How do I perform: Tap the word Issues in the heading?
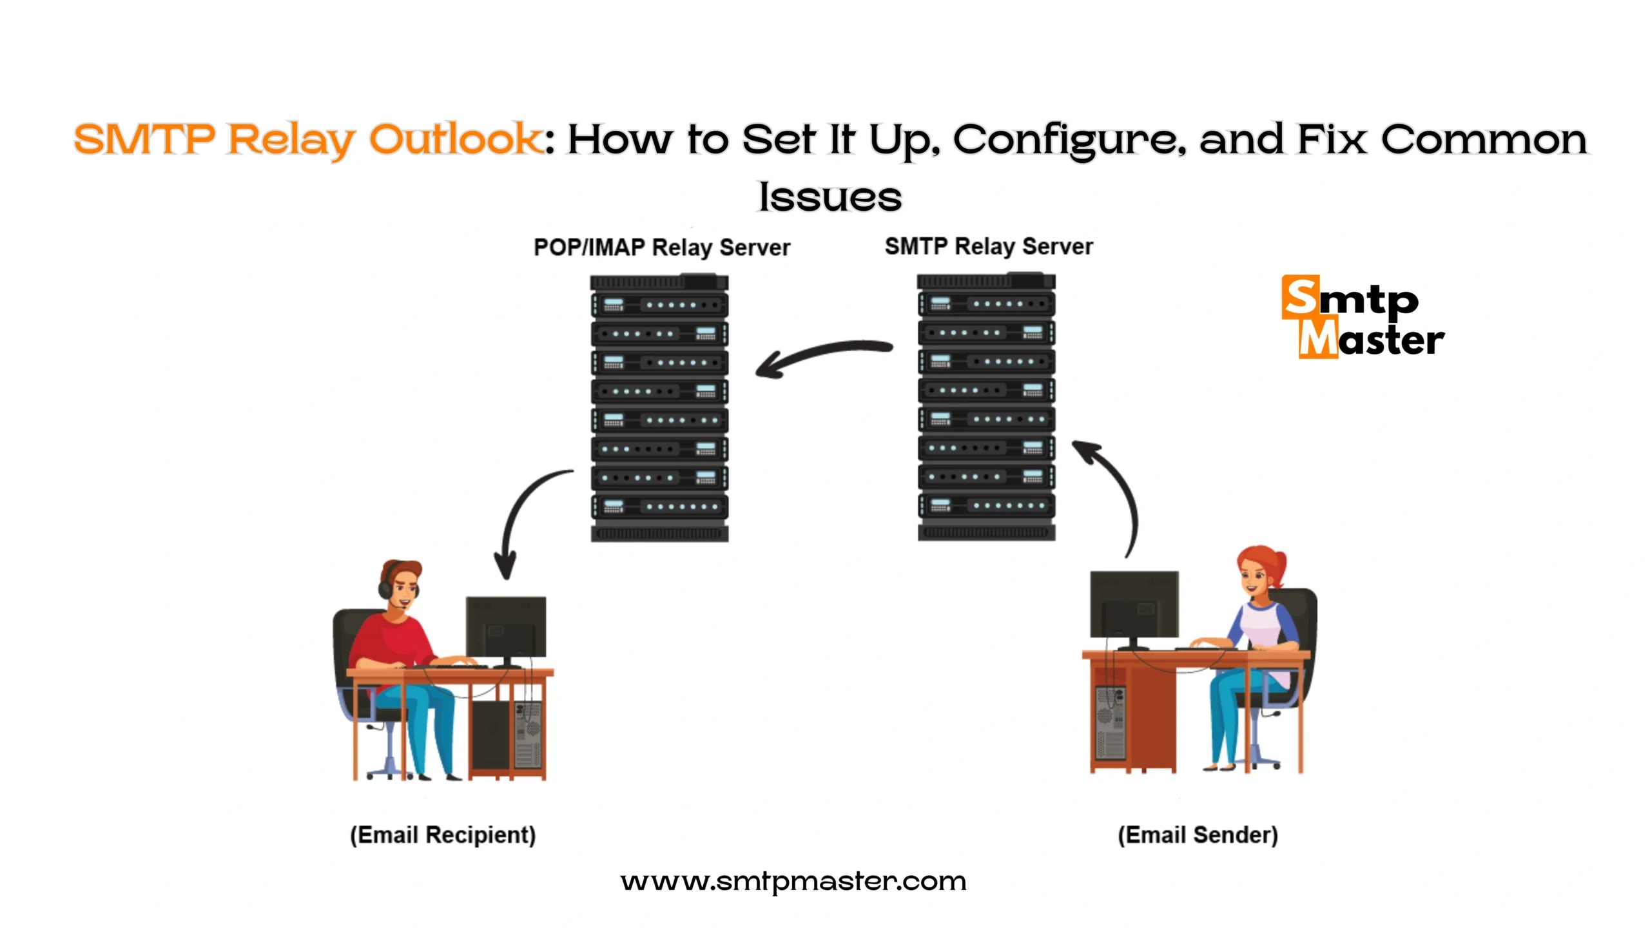click(830, 197)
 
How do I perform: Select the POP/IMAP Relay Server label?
click(661, 247)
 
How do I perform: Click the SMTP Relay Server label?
click(989, 246)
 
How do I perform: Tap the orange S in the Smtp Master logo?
click(1300, 297)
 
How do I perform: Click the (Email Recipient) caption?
click(443, 835)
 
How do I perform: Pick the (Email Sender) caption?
click(1198, 835)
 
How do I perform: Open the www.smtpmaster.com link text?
click(793, 881)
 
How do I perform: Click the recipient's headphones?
click(385, 583)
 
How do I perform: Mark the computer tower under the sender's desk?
click(1110, 722)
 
